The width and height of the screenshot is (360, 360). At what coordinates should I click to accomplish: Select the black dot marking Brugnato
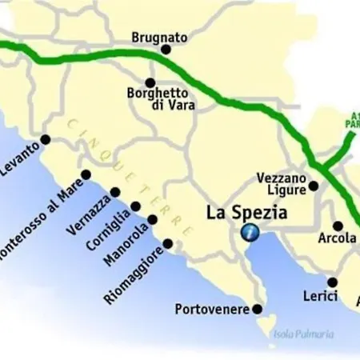tap(166, 49)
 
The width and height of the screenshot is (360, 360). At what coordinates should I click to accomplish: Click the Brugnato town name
tap(159, 37)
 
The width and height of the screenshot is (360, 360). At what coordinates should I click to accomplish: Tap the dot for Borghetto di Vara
tap(150, 82)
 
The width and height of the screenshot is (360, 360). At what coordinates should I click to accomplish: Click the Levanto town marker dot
tap(45, 139)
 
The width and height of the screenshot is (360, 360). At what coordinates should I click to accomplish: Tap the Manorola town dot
tap(152, 218)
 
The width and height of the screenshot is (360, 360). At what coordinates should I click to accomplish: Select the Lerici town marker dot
tap(333, 282)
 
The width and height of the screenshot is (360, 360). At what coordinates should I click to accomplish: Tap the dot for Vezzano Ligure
tap(314, 186)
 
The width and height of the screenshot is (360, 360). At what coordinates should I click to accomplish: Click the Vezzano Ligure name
tap(281, 184)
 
